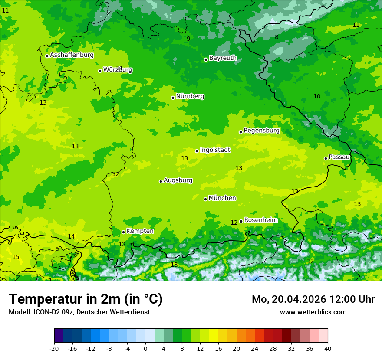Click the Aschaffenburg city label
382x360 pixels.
point(72,55)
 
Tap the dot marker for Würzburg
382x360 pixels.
point(100,71)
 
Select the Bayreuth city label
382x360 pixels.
point(223,58)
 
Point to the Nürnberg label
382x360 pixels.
point(190,96)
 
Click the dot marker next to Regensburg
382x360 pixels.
point(240,132)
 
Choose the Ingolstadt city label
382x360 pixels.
point(215,150)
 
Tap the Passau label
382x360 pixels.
point(339,157)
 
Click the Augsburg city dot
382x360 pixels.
point(161,181)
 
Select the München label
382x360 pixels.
point(222,198)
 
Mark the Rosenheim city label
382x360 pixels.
point(260,220)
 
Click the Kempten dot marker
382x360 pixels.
point(123,232)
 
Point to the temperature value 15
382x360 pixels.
point(16,257)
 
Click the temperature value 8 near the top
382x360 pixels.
point(277,37)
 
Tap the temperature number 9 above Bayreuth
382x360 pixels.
point(188,39)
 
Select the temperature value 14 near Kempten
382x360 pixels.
point(71,237)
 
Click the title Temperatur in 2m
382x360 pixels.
point(86,299)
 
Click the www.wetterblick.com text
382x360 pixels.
point(313,312)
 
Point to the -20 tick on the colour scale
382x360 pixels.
point(54,348)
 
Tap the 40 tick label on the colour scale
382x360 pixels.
point(328,348)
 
